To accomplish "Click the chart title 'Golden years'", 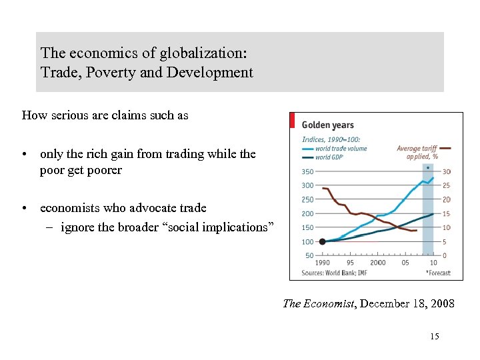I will click(x=327, y=125).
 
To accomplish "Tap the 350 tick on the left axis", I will click(x=307, y=172).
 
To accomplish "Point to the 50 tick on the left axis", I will click(x=309, y=255).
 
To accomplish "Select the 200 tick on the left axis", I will click(x=307, y=214).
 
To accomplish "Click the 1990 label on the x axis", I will click(x=322, y=263).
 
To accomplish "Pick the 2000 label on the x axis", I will click(x=377, y=263).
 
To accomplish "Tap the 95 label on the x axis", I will click(x=351, y=263).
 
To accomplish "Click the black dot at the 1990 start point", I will click(x=322, y=241).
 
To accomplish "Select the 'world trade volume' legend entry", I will click(x=341, y=149).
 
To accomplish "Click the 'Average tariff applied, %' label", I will click(x=417, y=153).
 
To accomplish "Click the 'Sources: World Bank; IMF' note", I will click(x=335, y=273).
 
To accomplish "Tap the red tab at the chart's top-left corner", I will click(x=292, y=120).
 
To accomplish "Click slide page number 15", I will click(x=435, y=337).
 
